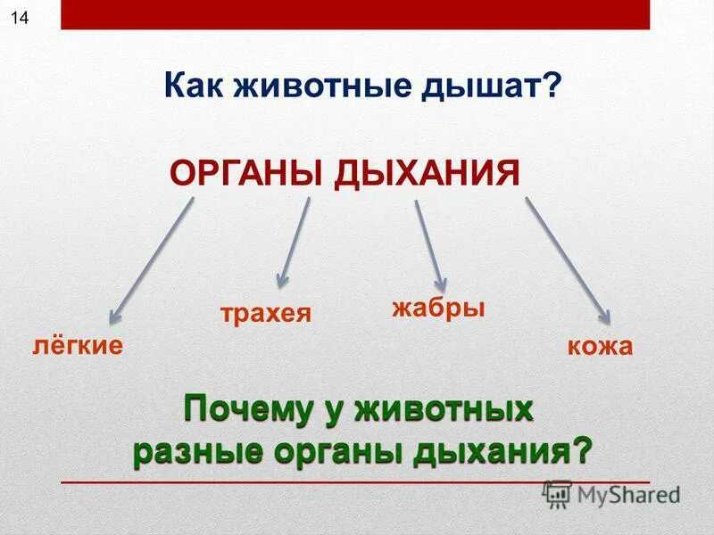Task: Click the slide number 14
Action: (19, 20)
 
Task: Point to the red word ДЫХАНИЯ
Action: (428, 172)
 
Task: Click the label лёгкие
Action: (79, 345)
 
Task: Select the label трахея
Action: (265, 314)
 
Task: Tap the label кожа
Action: (600, 346)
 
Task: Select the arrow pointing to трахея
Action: (295, 241)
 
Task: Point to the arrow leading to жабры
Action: (429, 242)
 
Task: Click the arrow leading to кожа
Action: (568, 260)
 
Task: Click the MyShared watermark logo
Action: (612, 493)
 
